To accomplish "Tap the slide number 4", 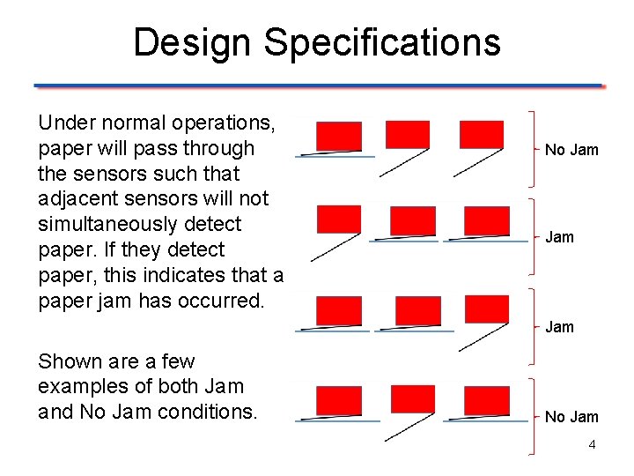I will [x=592, y=444].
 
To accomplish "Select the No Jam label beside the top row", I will [x=571, y=150].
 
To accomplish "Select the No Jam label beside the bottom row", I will [x=571, y=417].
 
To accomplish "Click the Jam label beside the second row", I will [x=559, y=237].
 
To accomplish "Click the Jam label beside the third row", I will [x=559, y=327].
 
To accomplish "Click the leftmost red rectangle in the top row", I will [x=338, y=137].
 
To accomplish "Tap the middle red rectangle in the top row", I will [x=408, y=134].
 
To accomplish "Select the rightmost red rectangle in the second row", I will [x=486, y=221].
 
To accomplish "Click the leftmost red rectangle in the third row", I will [x=338, y=310].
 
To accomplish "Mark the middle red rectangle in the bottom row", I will [x=412, y=399].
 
